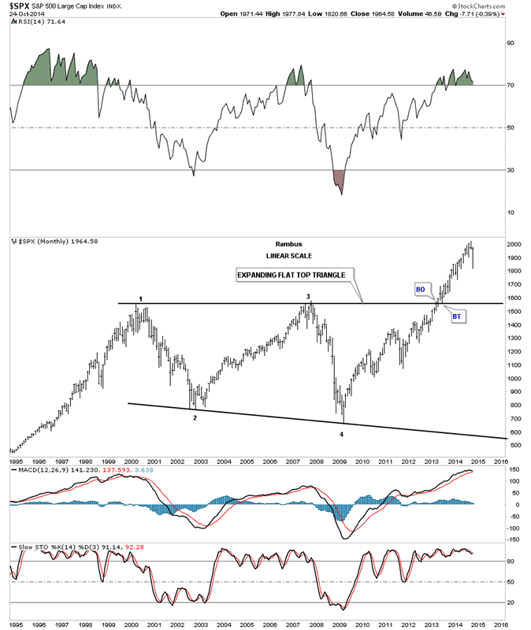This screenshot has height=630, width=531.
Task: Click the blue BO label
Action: click(x=420, y=289)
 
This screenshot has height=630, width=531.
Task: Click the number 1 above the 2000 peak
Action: click(x=140, y=298)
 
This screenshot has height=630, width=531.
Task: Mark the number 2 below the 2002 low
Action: click(x=195, y=417)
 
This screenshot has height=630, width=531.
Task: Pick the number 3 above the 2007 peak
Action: click(x=308, y=296)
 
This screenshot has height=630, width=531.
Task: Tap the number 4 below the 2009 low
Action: click(x=341, y=434)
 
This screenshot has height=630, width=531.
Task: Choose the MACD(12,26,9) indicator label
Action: click(x=38, y=470)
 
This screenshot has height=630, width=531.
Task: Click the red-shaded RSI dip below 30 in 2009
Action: click(x=340, y=180)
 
